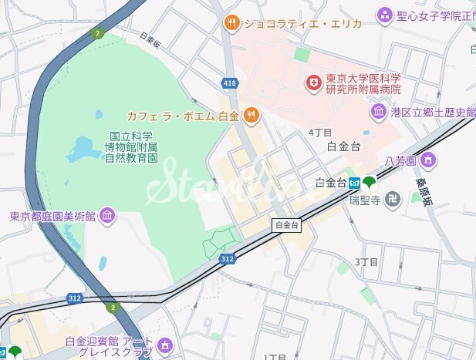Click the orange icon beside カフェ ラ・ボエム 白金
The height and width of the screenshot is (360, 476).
(x=251, y=116)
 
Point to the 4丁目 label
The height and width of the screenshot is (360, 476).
(x=320, y=133)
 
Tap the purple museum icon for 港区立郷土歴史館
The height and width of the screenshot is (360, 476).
(x=379, y=112)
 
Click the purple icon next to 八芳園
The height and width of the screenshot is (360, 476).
(x=429, y=160)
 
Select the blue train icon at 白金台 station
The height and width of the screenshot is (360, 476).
(x=353, y=183)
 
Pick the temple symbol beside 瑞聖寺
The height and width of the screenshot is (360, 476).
(x=393, y=199)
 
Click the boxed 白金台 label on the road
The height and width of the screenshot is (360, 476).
(x=286, y=225)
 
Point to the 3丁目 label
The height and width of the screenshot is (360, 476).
(x=366, y=262)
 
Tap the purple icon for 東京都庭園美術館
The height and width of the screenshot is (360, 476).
(x=107, y=215)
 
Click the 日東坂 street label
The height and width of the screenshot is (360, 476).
(x=150, y=40)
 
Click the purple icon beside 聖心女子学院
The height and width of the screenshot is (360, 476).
(x=385, y=15)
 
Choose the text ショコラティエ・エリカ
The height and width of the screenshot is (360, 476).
(x=292, y=23)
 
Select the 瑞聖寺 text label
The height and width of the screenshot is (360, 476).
(x=364, y=200)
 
